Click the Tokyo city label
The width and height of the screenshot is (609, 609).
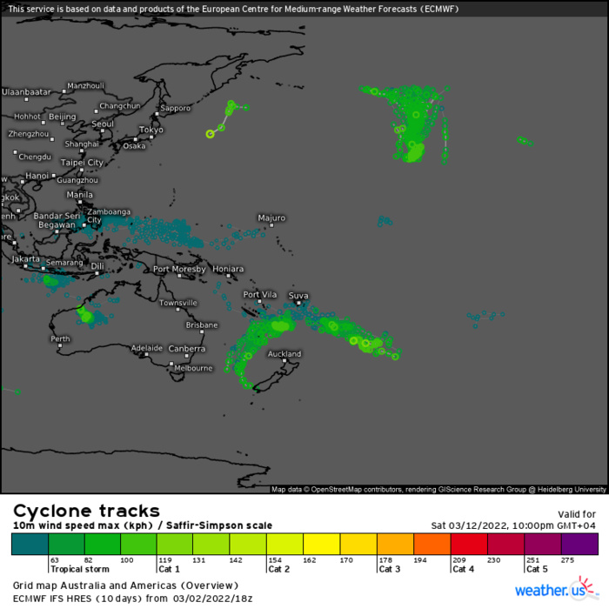click(x=151, y=130)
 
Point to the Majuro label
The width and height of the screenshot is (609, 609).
click(x=271, y=217)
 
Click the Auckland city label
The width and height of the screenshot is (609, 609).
click(x=284, y=354)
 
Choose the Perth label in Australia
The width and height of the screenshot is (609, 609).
click(x=60, y=338)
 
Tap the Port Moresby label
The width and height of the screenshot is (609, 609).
click(x=179, y=270)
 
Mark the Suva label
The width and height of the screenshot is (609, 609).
click(x=298, y=296)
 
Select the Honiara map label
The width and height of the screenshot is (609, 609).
click(x=227, y=270)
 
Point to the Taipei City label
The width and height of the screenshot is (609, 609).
click(x=82, y=163)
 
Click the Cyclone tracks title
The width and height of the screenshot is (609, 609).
click(x=86, y=511)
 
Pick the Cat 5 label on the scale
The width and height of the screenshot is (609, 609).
click(x=537, y=569)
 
